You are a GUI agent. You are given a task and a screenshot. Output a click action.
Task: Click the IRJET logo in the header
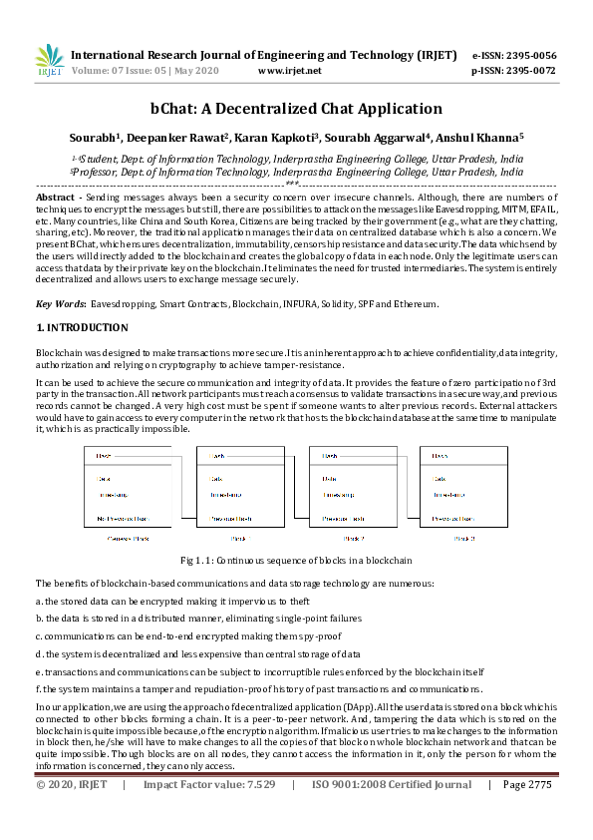tap(49, 62)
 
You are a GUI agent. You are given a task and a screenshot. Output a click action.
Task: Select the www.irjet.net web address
tap(289, 72)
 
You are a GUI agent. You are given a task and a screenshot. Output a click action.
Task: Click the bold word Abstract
tap(55, 200)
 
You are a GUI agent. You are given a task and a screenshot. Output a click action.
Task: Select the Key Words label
tap(59, 303)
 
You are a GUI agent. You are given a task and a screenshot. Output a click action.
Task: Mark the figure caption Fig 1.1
tap(296, 561)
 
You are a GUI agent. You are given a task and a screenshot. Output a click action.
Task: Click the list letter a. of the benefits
tap(39, 602)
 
